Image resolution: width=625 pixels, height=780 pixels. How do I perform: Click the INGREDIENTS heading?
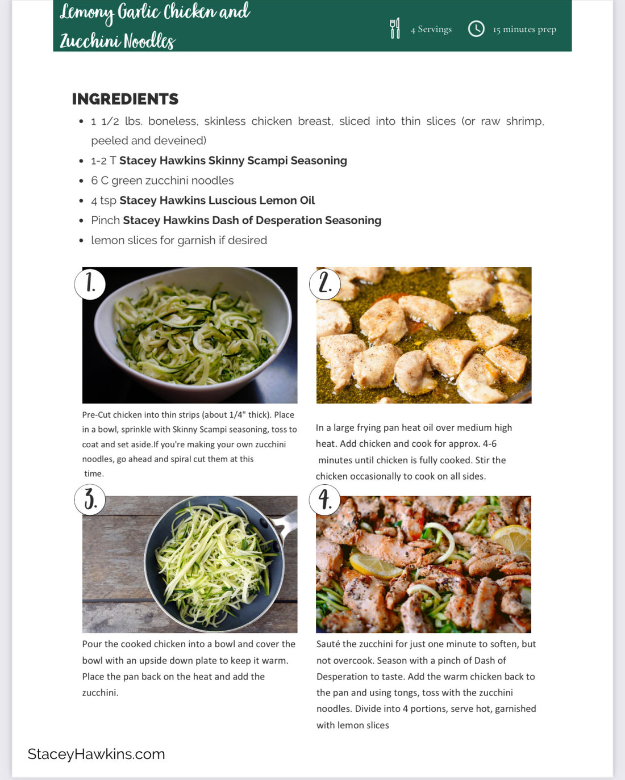click(125, 99)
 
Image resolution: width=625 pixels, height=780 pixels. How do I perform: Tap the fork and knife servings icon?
click(395, 28)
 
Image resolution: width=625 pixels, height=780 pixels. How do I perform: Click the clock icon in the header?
click(476, 28)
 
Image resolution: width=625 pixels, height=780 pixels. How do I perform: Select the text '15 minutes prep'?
click(524, 29)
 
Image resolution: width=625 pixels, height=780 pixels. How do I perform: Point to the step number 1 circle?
click(90, 283)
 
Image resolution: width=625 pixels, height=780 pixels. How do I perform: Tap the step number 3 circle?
click(90, 500)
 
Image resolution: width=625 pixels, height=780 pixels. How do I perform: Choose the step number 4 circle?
click(324, 500)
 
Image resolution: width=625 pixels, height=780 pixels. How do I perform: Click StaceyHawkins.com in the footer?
click(96, 754)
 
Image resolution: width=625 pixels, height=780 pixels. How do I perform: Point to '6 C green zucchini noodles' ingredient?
click(163, 181)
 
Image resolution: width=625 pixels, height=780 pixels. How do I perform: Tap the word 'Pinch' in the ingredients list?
click(105, 220)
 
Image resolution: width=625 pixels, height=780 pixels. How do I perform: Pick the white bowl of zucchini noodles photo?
click(190, 335)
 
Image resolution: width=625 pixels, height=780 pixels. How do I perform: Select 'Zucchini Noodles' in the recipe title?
click(118, 41)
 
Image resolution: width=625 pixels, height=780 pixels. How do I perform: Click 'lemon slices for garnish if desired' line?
click(179, 240)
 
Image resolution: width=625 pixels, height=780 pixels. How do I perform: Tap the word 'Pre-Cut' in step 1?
click(97, 415)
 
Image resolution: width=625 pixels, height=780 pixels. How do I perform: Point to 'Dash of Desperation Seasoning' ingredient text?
click(296, 220)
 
